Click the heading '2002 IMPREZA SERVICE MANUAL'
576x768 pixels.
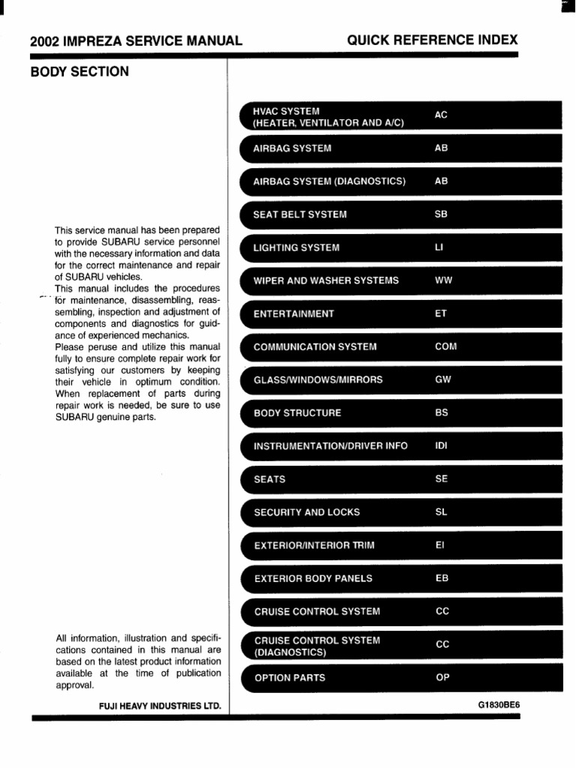pyautogui.click(x=136, y=41)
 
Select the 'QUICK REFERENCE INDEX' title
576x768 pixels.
pyautogui.click(x=432, y=40)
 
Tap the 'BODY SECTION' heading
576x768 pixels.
pyautogui.click(x=79, y=72)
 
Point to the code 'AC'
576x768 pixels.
pyautogui.click(x=441, y=115)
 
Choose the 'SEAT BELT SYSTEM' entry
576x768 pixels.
pyautogui.click(x=300, y=214)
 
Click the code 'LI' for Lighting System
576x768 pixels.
pyautogui.click(x=439, y=247)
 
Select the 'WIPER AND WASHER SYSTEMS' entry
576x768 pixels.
pyautogui.click(x=326, y=280)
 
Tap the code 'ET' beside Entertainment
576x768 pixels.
pyautogui.click(x=441, y=313)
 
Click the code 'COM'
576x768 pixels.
pyautogui.click(x=445, y=346)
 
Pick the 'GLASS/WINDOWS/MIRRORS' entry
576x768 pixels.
pyautogui.click(x=318, y=379)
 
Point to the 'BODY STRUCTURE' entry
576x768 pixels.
pyautogui.click(x=297, y=412)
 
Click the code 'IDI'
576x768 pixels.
pyautogui.click(x=441, y=445)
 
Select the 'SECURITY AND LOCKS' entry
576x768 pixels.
pyautogui.click(x=307, y=512)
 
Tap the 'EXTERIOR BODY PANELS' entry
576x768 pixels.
pyautogui.click(x=313, y=578)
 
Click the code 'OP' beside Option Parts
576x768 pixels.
pyautogui.click(x=442, y=677)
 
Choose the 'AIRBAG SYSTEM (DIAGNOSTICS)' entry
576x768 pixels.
pyautogui.click(x=329, y=181)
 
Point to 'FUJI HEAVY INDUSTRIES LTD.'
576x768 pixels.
pyautogui.click(x=160, y=706)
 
